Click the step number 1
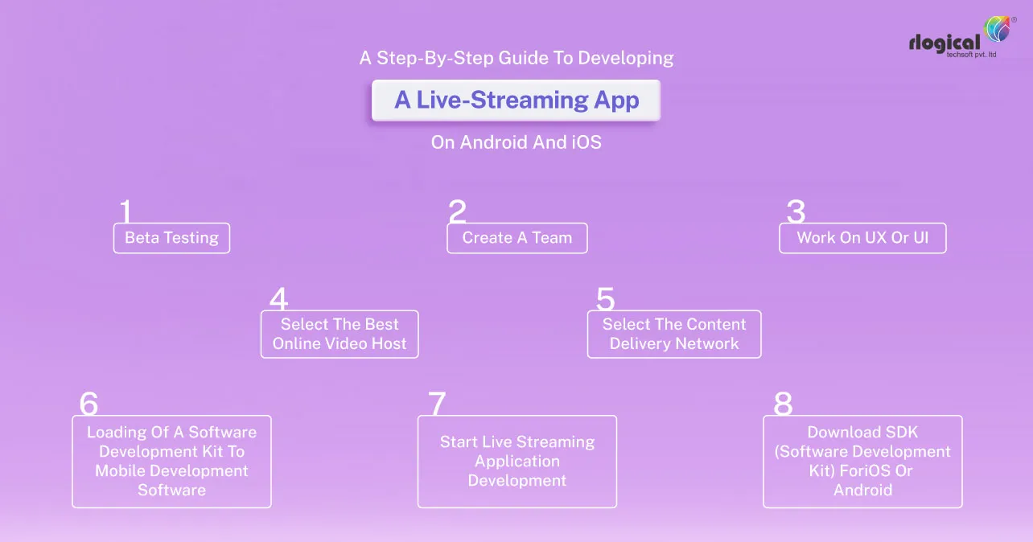click(x=126, y=211)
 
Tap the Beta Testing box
click(x=171, y=238)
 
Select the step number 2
click(x=457, y=211)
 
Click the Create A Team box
click(x=516, y=238)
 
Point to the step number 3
click(x=796, y=211)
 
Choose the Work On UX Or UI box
click(x=862, y=238)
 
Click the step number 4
click(x=278, y=299)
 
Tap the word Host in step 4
click(x=389, y=344)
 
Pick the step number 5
click(x=605, y=299)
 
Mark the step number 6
click(x=88, y=404)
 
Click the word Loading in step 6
click(x=115, y=432)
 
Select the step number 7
click(x=436, y=404)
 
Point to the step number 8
click(x=783, y=404)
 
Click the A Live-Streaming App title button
click(x=516, y=101)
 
